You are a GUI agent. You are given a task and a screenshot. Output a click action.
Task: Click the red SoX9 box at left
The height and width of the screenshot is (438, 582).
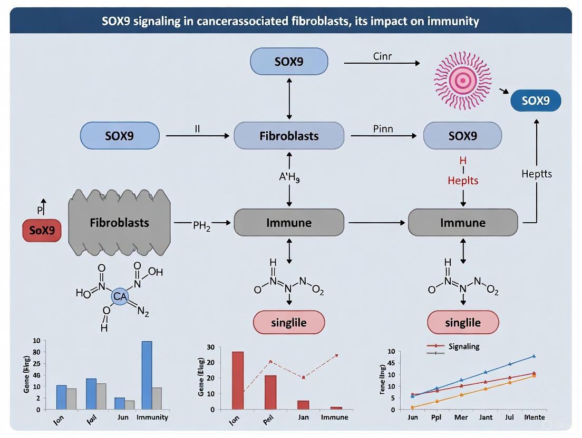42,231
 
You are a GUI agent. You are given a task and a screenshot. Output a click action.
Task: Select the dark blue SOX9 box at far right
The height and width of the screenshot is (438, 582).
536,101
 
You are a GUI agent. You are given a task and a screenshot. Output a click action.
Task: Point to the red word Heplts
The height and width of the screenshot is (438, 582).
463,181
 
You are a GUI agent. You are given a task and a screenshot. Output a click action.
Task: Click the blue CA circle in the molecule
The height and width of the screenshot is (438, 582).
120,297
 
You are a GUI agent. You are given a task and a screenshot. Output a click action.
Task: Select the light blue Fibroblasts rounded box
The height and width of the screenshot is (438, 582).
289,136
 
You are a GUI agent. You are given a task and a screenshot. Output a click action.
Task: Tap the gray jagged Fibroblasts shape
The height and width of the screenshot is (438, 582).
119,223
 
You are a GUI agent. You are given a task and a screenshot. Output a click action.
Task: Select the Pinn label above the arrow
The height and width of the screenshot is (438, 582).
383,129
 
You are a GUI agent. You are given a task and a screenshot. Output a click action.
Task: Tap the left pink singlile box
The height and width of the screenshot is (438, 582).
289,323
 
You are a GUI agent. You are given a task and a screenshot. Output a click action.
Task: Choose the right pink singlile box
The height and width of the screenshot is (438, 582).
462,323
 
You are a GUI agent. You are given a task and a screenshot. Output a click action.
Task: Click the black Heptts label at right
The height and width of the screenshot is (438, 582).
536,173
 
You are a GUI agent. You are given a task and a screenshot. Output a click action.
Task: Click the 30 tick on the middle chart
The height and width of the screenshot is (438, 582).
210,347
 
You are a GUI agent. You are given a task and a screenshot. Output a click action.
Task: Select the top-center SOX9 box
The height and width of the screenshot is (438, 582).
289,62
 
